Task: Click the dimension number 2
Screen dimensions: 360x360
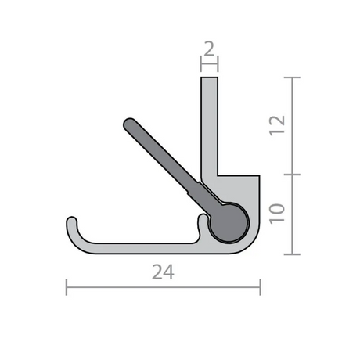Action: point(209,49)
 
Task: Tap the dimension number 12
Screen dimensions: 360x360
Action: point(277,125)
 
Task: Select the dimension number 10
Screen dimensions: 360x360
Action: point(277,214)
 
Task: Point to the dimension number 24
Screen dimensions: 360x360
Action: point(163,272)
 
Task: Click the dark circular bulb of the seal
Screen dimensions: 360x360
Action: point(229,223)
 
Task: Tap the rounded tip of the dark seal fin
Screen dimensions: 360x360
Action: point(129,124)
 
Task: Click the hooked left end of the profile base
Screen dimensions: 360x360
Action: point(72,221)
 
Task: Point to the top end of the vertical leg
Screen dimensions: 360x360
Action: point(209,77)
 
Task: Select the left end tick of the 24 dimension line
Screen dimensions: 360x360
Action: point(67,287)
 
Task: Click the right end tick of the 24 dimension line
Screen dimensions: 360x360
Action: point(260,287)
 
